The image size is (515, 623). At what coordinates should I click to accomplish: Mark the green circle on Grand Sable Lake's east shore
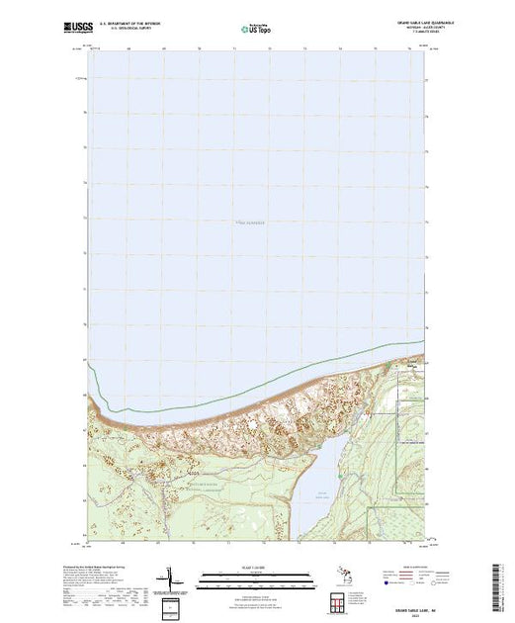point(341,478)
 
